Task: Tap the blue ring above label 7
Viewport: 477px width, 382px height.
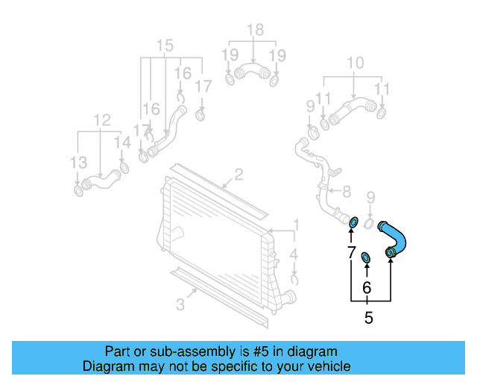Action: pos(354,222)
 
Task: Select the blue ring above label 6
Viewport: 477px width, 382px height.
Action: pos(366,257)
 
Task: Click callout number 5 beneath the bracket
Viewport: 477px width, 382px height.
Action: pos(368,319)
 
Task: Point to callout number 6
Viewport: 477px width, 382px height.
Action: pos(366,287)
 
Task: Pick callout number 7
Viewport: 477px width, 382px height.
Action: pos(351,253)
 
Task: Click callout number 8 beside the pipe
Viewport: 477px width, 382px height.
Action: pos(347,192)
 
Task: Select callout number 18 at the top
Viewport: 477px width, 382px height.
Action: pos(255,30)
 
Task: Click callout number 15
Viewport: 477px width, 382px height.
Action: pos(165,44)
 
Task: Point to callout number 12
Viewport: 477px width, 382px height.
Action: pos(101,119)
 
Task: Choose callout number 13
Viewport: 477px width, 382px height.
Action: pos(78,163)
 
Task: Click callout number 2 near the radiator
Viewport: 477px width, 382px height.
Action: pos(238,175)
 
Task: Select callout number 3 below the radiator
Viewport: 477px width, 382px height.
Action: pos(181,304)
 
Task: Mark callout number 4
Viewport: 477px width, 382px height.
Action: pos(294,254)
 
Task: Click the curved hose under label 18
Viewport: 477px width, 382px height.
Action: pos(252,73)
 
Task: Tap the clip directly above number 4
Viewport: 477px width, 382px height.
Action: pos(295,280)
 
